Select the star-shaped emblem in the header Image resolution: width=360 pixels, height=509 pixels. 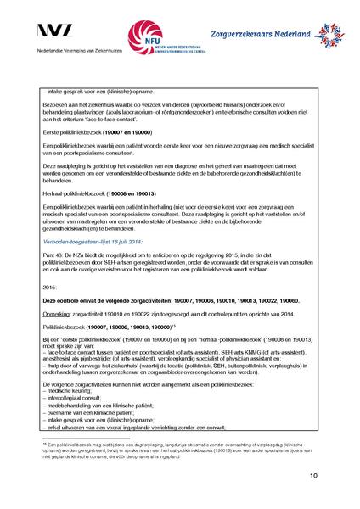coord(324,36)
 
